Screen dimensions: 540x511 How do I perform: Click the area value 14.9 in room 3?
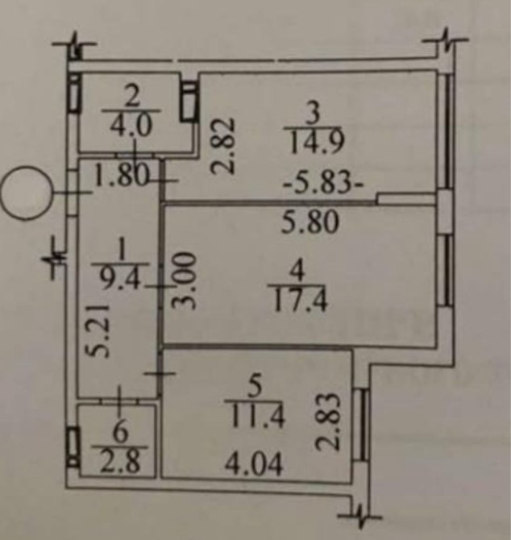tap(305, 144)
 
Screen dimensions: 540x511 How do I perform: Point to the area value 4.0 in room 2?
tap(135, 129)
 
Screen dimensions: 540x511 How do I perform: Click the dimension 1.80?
tap(121, 176)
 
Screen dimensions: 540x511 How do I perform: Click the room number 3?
tap(305, 110)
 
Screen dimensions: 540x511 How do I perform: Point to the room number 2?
tap(135, 98)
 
